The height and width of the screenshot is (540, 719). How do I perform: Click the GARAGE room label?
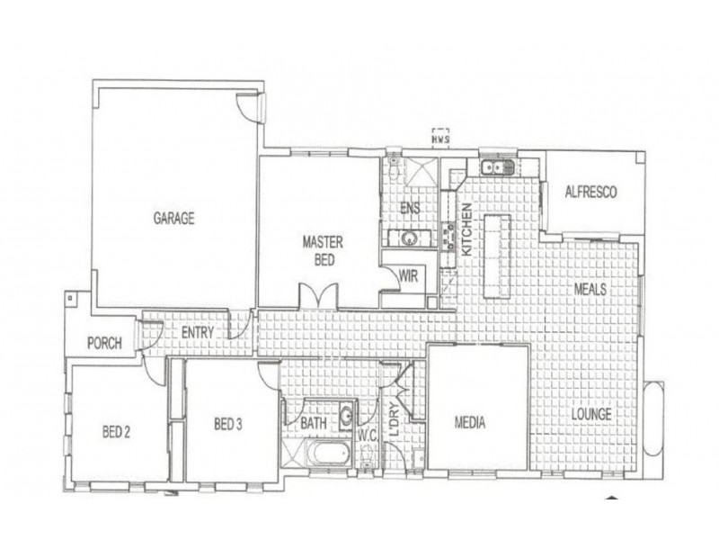tap(173, 218)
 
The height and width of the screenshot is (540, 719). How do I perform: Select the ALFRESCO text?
tap(590, 192)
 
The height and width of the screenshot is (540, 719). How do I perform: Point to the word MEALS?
tap(590, 289)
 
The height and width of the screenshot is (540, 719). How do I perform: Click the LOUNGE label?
tap(590, 415)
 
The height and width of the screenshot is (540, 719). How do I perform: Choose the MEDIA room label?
tap(471, 420)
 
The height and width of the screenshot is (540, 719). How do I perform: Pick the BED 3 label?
tap(228, 424)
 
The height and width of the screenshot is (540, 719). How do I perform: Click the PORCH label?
tap(104, 343)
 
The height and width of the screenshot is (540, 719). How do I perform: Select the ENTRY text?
tap(198, 332)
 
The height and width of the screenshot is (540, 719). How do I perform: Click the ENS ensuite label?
tap(410, 207)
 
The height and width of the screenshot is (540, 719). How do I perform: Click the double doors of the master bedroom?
tap(318, 296)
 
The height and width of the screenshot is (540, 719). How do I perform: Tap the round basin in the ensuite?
tap(409, 238)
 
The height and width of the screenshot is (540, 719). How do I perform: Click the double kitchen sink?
tap(495, 166)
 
